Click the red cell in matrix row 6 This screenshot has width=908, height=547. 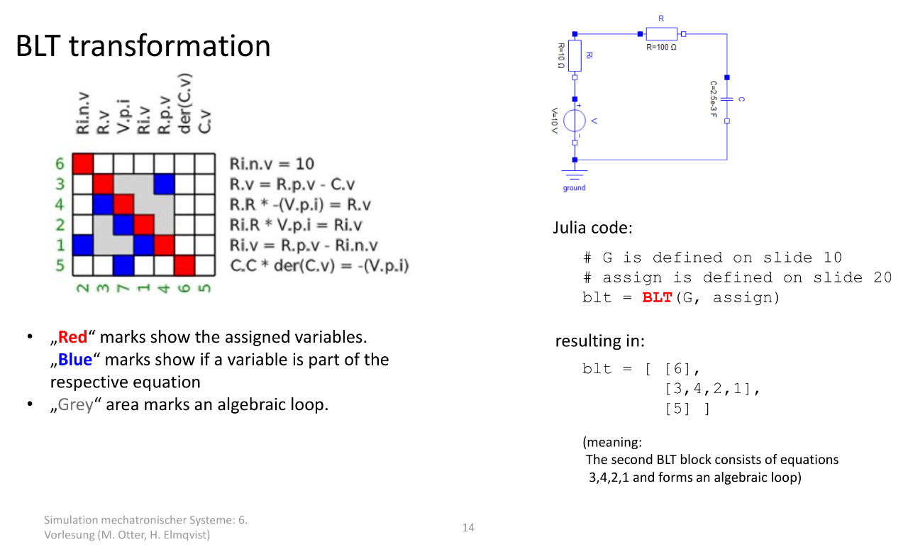click(83, 163)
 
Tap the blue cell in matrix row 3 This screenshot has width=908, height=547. click(164, 184)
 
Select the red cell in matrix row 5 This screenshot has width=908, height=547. click(184, 265)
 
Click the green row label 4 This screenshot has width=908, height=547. click(60, 204)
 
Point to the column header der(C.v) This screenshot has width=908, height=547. click(184, 104)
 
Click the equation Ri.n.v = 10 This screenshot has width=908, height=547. click(272, 164)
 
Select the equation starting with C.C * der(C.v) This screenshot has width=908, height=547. click(319, 265)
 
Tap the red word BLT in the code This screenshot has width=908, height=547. click(657, 298)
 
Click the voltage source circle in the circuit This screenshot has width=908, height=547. click(575, 121)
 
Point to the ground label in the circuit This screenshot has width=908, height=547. click(574, 188)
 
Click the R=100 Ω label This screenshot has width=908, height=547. click(661, 47)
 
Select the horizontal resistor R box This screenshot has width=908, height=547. click(662, 34)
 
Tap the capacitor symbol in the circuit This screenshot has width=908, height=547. click(727, 99)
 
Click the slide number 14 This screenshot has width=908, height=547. click(468, 527)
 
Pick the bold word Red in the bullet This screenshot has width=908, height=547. click(72, 337)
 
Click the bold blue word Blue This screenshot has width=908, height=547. click(75, 360)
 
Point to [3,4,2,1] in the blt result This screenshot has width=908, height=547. click(708, 389)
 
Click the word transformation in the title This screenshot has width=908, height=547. click(170, 45)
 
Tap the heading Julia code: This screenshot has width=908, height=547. click(592, 228)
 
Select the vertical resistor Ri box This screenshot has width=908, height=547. click(575, 55)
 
